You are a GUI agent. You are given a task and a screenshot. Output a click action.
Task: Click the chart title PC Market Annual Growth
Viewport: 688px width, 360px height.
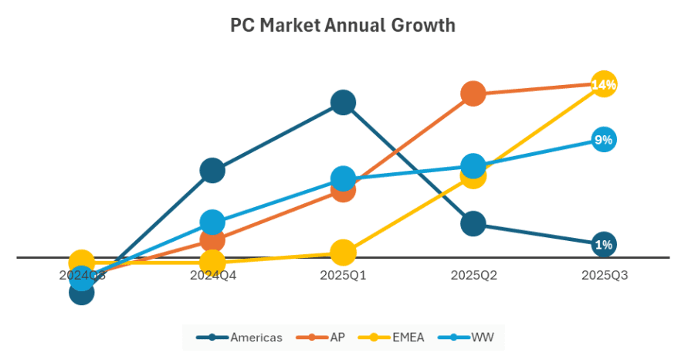click(x=343, y=25)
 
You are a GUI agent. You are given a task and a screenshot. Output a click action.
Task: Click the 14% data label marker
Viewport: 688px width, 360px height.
click(x=604, y=84)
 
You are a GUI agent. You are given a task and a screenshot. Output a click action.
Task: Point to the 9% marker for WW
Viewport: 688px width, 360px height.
click(x=604, y=140)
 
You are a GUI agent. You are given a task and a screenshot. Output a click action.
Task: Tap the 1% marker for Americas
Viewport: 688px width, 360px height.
click(x=604, y=244)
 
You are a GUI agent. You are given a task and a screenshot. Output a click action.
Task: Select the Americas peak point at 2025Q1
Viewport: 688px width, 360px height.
click(x=343, y=102)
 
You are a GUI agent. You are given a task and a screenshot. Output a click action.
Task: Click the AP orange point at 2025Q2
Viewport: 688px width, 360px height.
click(x=473, y=93)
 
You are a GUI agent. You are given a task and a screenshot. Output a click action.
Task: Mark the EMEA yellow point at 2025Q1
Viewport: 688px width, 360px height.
click(x=343, y=252)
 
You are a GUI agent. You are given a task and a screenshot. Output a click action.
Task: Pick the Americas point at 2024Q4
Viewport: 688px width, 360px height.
click(x=212, y=170)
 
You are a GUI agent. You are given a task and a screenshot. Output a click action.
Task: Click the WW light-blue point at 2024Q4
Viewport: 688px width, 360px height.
click(x=212, y=222)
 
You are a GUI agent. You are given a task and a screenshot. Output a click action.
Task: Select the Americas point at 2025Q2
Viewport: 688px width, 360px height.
click(x=473, y=224)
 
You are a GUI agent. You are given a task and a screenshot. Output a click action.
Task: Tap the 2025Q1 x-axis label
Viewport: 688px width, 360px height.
click(x=343, y=275)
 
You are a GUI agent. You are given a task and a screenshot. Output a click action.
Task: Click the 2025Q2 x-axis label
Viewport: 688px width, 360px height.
click(x=473, y=275)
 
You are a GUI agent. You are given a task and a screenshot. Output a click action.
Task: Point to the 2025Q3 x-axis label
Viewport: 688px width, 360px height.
click(x=604, y=275)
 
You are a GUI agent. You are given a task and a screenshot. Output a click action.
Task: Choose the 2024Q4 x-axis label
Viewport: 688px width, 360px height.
click(x=212, y=275)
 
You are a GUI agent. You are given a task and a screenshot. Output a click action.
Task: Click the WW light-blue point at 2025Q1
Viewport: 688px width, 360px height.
click(x=343, y=178)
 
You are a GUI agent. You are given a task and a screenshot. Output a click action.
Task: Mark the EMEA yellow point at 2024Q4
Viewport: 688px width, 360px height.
click(x=212, y=263)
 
